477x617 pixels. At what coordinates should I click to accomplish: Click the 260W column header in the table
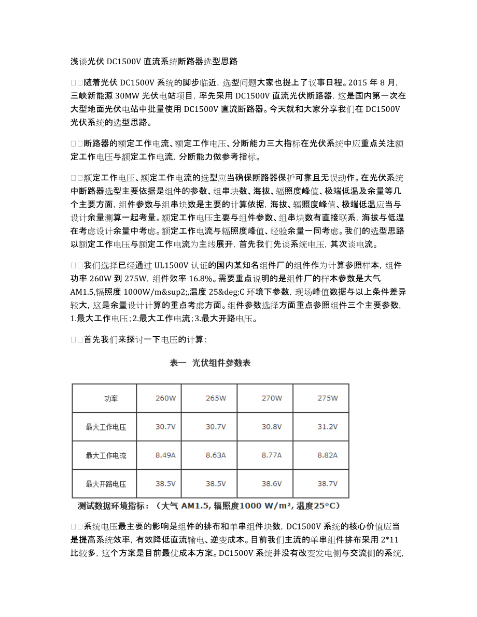[x=165, y=398]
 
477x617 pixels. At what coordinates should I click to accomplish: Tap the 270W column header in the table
[x=272, y=398]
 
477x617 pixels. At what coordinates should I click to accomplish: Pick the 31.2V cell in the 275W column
[x=327, y=427]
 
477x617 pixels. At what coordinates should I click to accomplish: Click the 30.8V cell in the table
[x=272, y=427]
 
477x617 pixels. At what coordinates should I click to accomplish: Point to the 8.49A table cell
[x=165, y=455]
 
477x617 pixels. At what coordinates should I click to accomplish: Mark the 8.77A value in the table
[x=272, y=455]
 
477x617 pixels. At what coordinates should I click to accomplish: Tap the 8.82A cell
[x=327, y=455]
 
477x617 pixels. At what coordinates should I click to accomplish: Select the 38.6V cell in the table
[x=272, y=484]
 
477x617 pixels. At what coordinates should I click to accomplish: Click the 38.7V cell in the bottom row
[x=327, y=484]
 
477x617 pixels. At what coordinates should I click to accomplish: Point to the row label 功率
[x=111, y=398]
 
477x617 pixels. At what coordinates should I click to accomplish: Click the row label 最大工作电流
[x=106, y=455]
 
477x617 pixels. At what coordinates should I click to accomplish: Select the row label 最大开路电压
[x=106, y=484]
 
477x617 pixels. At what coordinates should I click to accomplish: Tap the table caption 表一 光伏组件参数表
[x=210, y=363]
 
